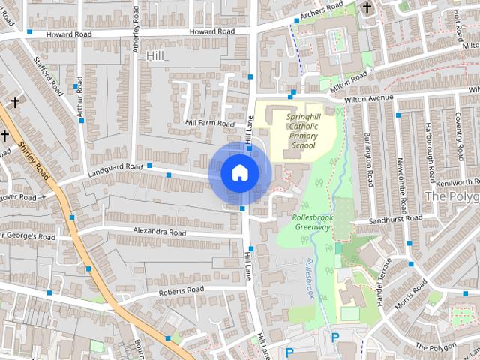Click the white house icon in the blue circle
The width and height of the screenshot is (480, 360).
coord(239,172)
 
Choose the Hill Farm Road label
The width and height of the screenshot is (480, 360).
coord(210,123)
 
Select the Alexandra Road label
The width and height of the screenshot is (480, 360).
coord(159,232)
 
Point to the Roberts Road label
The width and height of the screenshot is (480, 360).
coord(181,289)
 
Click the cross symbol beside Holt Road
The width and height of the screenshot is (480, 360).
coord(367,9)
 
